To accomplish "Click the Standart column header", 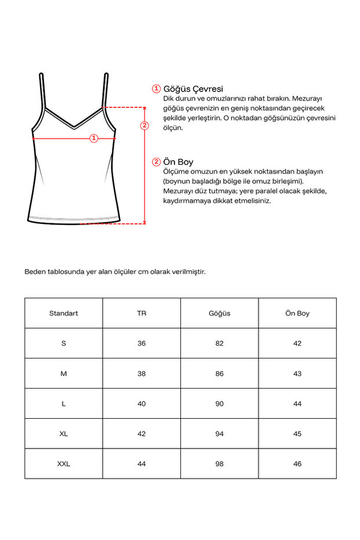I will (x=64, y=313).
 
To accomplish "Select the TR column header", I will (x=141, y=313).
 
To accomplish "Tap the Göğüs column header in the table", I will (x=219, y=313).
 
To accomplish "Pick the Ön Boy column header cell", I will (x=297, y=313).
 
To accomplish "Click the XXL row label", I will (x=64, y=464).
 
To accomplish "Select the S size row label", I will (x=64, y=343).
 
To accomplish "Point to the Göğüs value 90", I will (x=219, y=404).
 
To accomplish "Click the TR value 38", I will (x=141, y=374).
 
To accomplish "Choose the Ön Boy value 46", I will (x=297, y=464).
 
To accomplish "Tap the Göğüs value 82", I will (x=219, y=343).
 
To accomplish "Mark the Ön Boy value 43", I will (x=297, y=374).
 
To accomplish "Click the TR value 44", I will (x=141, y=464).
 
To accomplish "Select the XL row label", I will (x=64, y=434).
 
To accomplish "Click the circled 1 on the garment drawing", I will (x=94, y=138).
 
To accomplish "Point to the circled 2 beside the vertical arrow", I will (x=145, y=126).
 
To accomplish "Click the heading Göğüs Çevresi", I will (x=193, y=89).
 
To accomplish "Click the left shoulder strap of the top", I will (x=42, y=90).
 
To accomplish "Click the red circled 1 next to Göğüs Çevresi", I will (x=156, y=89).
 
